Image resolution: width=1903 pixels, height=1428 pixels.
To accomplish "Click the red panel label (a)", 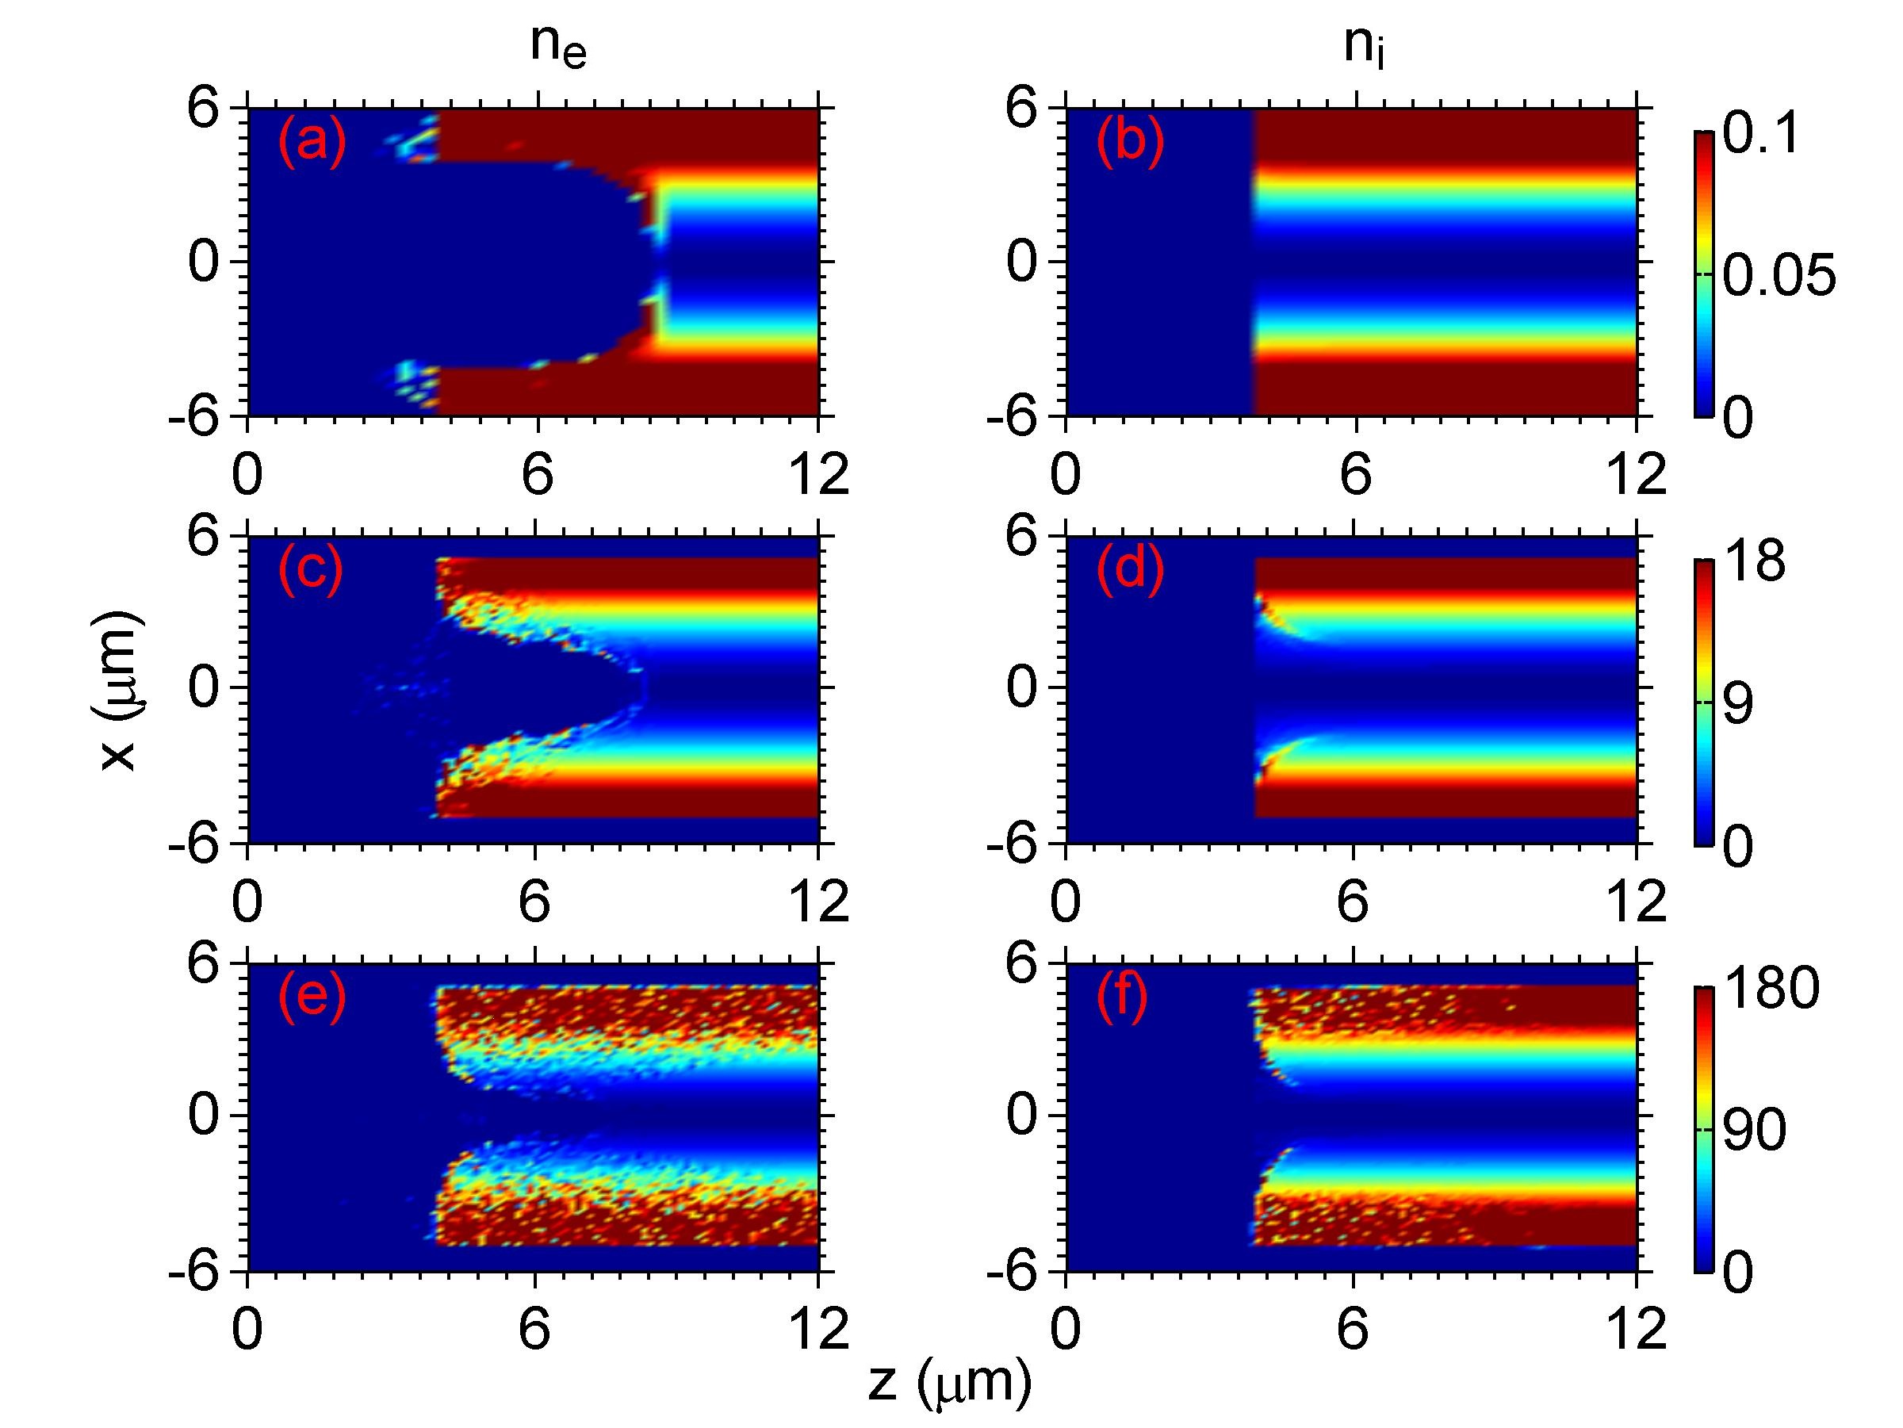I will pyautogui.click(x=312, y=141).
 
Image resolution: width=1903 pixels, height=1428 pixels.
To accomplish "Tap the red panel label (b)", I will pyautogui.click(x=1130, y=141).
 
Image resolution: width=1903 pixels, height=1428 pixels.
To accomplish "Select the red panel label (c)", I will pyautogui.click(x=310, y=569).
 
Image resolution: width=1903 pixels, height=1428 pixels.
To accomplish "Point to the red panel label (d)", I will pyautogui.click(x=1130, y=569).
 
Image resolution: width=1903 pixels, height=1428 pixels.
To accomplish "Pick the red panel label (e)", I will pyautogui.click(x=312, y=998).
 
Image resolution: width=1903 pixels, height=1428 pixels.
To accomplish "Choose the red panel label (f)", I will pyautogui.click(x=1122, y=998).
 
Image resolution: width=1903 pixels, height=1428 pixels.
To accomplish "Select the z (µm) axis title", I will pyautogui.click(x=949, y=1384).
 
